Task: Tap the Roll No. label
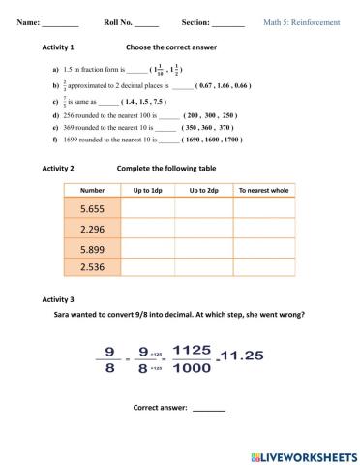(118, 20)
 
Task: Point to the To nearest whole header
(263, 190)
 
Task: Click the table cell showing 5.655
(92, 208)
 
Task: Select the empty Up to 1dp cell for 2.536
(148, 267)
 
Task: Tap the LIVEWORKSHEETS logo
(302, 454)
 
